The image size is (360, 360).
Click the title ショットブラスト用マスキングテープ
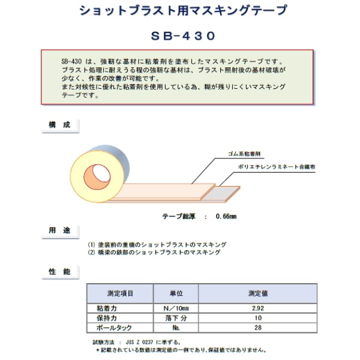click(x=180, y=11)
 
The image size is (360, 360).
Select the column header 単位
click(x=176, y=294)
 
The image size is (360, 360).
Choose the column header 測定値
click(x=258, y=294)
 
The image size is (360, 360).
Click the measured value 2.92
click(x=258, y=308)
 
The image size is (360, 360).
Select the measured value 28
click(x=258, y=328)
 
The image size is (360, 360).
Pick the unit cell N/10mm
click(x=176, y=308)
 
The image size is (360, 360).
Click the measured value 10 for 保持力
click(x=258, y=318)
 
